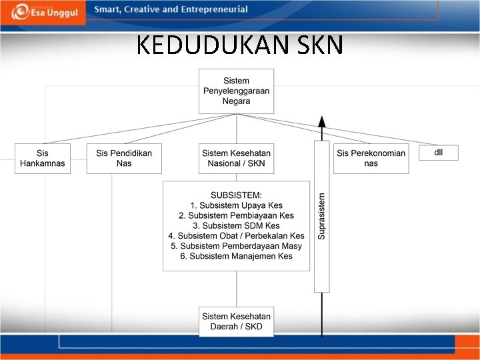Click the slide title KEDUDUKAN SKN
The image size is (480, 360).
[x=240, y=45]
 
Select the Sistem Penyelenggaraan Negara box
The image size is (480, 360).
[x=237, y=91]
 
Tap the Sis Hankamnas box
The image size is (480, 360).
[x=43, y=159]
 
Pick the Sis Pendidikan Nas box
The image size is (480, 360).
[x=124, y=159]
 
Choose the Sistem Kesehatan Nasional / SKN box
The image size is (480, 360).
[x=237, y=159]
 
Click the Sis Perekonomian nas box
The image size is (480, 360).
[x=371, y=159]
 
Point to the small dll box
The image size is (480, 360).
[x=438, y=153]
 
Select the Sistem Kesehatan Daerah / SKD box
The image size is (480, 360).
[x=237, y=321]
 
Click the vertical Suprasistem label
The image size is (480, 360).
[x=322, y=216]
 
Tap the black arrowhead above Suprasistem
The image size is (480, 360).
[x=322, y=121]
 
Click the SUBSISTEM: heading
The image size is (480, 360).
[x=237, y=195]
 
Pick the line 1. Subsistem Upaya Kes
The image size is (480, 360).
[x=237, y=206]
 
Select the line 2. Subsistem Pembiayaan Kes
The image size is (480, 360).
[x=237, y=216]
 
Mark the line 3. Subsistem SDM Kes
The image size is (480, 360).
[x=237, y=226]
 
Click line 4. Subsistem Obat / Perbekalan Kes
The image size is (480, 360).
[x=237, y=236]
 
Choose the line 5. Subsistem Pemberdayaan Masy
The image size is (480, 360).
[x=237, y=246]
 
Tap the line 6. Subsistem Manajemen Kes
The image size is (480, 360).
[x=237, y=256]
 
